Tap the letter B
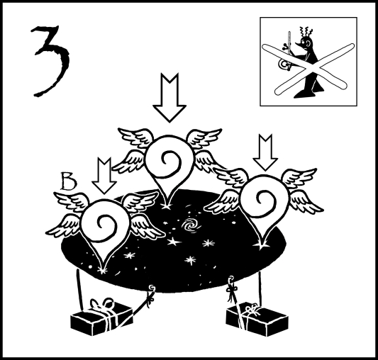(69, 181)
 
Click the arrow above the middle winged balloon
(169, 98)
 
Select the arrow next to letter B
(104, 176)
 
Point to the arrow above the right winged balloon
(265, 152)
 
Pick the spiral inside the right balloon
(264, 201)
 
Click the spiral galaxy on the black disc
(191, 227)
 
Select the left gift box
(101, 317)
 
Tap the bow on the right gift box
(252, 311)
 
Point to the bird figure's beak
(299, 44)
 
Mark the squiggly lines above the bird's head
(304, 31)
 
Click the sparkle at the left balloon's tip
(102, 271)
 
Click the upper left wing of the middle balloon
(135, 137)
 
